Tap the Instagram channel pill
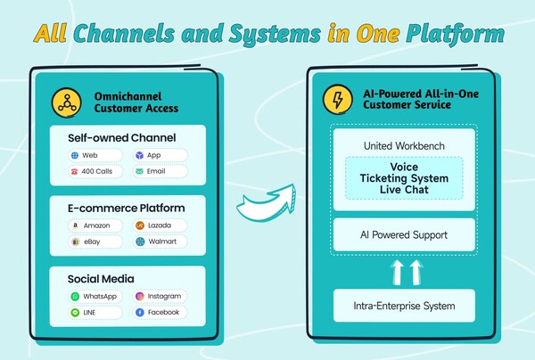tap(160, 296)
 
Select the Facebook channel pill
tap(160, 313)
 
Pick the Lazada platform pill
tap(160, 225)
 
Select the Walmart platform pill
tap(160, 241)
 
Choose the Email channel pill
tap(160, 171)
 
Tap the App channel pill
tap(160, 155)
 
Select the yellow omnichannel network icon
tap(64, 101)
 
